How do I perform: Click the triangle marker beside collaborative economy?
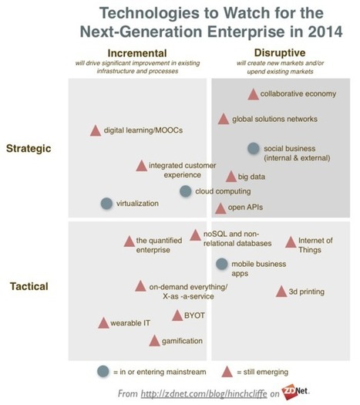point(252,94)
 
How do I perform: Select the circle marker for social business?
point(253,148)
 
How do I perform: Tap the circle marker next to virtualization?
point(106,204)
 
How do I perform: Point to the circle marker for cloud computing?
point(186,191)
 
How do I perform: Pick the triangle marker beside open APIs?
point(220,208)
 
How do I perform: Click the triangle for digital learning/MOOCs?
point(95,130)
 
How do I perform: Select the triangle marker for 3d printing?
point(281,291)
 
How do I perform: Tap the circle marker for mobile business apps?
point(222,264)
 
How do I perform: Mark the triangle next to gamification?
point(154,340)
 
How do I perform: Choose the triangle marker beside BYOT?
point(177,315)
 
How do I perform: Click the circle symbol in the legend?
point(103,372)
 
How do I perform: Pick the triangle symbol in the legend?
point(227,372)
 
